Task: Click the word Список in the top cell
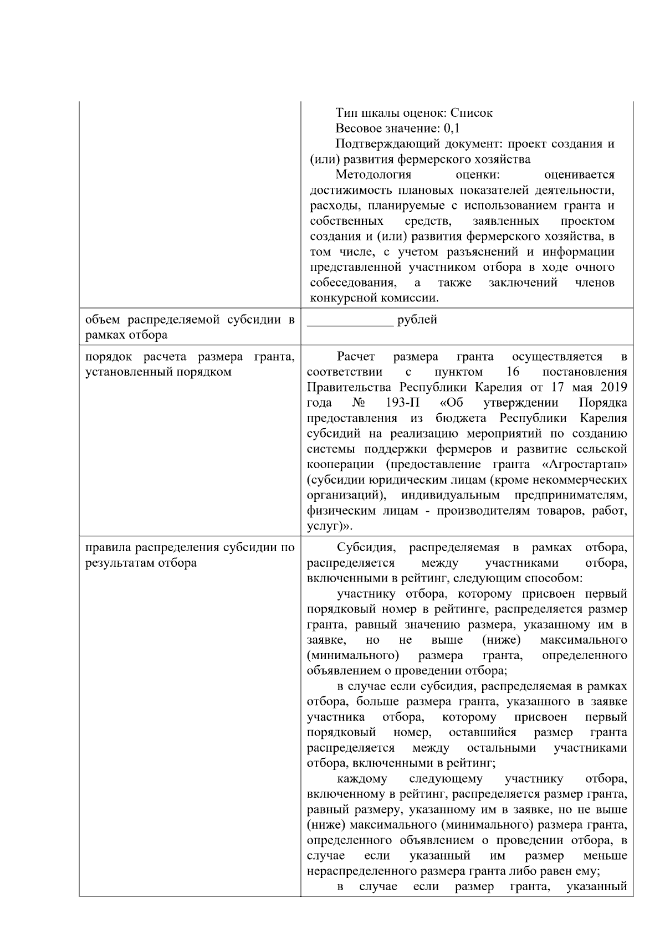(x=471, y=113)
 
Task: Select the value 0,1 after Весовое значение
(x=452, y=129)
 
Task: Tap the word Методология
(x=374, y=175)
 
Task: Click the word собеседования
(x=352, y=283)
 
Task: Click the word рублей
(x=417, y=320)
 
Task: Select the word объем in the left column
(x=103, y=320)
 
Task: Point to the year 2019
(x=613, y=387)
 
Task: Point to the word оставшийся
(x=482, y=733)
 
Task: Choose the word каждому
(x=362, y=779)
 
